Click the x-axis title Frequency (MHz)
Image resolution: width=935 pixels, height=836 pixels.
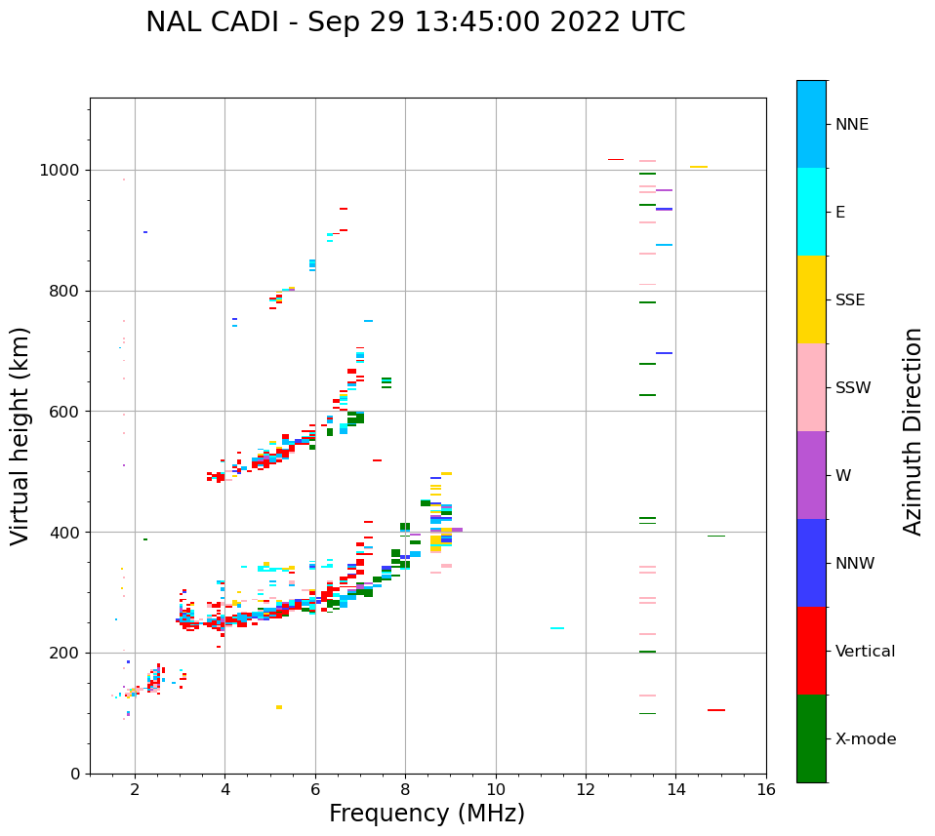point(427,814)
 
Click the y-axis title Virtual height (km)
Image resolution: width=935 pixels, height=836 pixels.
point(20,436)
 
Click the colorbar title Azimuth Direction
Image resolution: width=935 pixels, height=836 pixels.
point(913,431)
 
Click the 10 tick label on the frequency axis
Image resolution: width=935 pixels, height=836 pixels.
point(496,788)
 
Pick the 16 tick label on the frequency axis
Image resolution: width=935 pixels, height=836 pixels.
point(766,788)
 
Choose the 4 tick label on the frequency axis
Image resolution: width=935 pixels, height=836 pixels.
point(224,788)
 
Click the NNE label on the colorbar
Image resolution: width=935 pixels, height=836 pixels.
point(851,125)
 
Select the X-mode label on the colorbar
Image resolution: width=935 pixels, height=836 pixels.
point(865,739)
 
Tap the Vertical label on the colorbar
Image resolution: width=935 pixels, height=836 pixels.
point(865,652)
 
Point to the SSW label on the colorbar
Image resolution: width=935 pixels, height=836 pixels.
point(852,388)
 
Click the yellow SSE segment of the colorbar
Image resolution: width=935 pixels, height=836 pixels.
point(811,299)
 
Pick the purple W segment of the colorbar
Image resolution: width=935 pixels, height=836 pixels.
point(811,475)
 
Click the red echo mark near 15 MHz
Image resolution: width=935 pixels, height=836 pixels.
point(716,710)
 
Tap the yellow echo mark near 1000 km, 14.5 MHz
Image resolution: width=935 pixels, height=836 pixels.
point(699,167)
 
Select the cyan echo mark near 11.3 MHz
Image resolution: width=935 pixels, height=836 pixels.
point(557,628)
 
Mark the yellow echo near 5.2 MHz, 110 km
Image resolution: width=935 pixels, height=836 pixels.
point(279,707)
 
